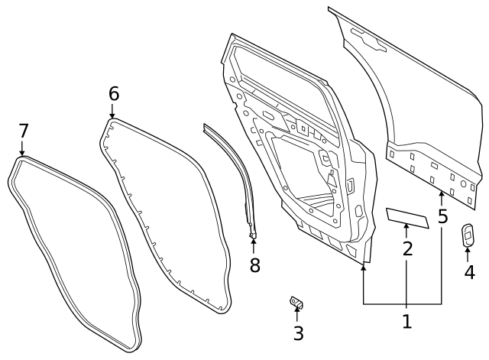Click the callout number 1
click(406, 322)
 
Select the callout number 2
click(407, 248)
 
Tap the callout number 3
click(298, 333)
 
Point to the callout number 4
click(469, 271)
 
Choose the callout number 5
click(442, 216)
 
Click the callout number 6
click(113, 93)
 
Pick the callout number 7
click(23, 130)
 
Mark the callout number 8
click(254, 265)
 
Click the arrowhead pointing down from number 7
click(22, 153)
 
